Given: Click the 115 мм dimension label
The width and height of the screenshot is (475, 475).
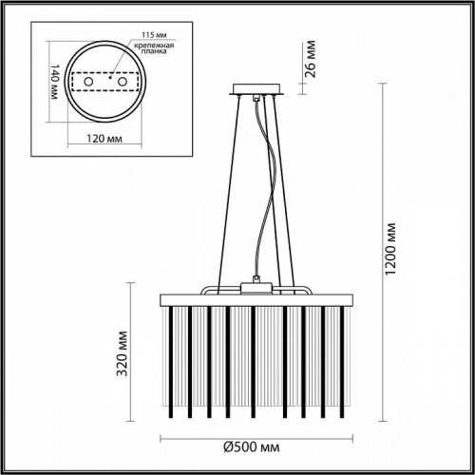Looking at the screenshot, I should tap(124, 30).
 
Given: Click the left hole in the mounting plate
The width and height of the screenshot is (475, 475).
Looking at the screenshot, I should tap(90, 84).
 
